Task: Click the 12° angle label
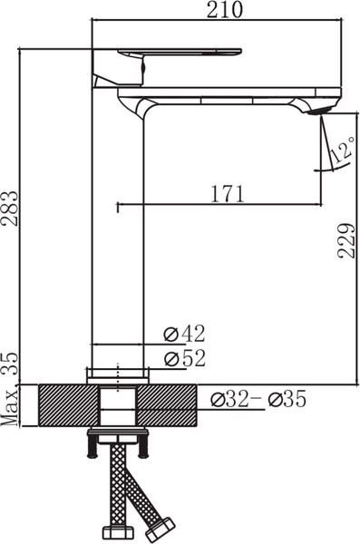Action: coord(342,151)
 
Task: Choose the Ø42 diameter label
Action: coord(184,334)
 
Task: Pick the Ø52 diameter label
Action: coord(184,358)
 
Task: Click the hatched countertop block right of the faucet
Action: coord(168,404)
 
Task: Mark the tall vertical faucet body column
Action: coord(118,236)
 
